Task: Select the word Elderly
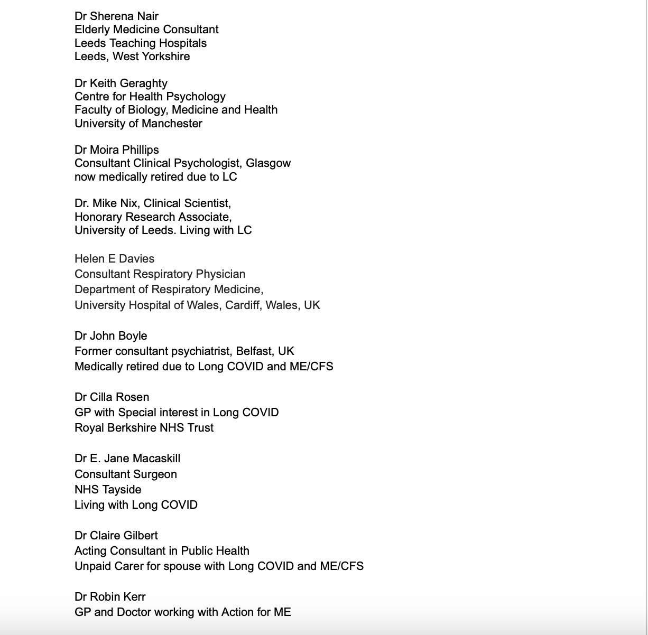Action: point(93,30)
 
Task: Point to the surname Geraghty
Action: point(144,83)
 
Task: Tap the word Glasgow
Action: point(268,163)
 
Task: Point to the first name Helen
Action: point(89,259)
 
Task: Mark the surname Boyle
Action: point(133,336)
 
